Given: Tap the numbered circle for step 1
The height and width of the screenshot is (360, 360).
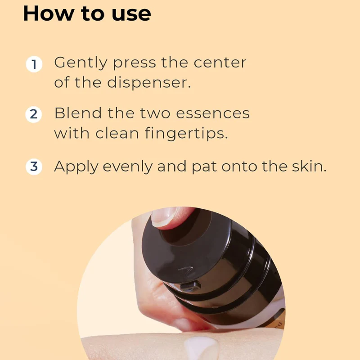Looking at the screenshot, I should (34, 64).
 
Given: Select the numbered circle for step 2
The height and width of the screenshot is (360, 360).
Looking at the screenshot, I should (34, 114).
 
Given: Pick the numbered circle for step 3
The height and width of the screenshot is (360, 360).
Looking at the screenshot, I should (34, 167).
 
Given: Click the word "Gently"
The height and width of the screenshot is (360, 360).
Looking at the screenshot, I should (80, 63).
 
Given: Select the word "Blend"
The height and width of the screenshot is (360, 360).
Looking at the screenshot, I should (78, 113).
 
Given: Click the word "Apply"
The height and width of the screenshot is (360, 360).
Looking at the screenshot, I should (76, 167).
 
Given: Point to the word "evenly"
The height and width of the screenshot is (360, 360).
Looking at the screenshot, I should (128, 167).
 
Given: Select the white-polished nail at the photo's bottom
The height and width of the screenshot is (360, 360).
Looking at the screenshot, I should (201, 347).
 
